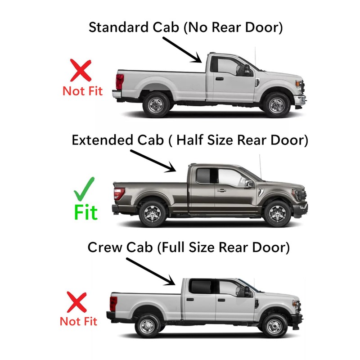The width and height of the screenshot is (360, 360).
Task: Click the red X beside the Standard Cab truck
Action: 81,71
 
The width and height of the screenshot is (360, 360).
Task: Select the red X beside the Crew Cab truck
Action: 77,301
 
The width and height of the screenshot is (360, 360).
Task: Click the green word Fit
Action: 85,212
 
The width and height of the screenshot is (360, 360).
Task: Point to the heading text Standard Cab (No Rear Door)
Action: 185,27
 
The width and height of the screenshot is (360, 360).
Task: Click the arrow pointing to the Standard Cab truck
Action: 182,49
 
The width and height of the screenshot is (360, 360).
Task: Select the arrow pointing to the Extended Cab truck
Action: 154,161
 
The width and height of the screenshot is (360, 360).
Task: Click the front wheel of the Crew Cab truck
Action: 274,325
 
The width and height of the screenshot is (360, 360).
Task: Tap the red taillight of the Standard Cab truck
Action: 119,82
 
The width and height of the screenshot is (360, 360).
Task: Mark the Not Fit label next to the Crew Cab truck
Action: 78,321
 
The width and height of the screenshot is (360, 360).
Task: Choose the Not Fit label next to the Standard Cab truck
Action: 82,91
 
